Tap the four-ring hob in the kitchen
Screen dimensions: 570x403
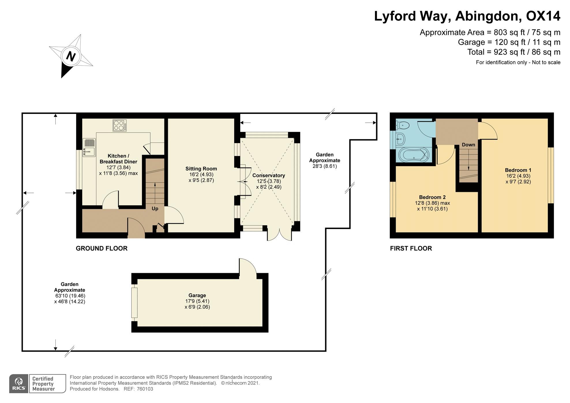(x=119, y=125)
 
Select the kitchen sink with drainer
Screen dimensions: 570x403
(x=89, y=147)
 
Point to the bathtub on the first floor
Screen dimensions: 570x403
(x=414, y=155)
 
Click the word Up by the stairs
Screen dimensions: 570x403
(x=155, y=209)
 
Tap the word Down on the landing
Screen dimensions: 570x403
(x=468, y=145)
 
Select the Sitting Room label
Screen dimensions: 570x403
(x=201, y=169)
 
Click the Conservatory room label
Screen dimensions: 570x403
(x=269, y=175)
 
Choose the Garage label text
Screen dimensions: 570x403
(x=197, y=295)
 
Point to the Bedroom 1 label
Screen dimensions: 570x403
(x=518, y=170)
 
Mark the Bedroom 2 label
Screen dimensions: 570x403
(x=432, y=197)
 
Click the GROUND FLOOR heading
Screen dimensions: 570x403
(x=102, y=248)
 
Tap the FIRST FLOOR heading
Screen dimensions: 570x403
(x=411, y=248)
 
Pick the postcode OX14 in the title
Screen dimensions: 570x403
(x=543, y=16)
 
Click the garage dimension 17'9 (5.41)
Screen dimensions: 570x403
(x=197, y=301)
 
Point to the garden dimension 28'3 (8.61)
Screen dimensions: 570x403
(x=325, y=166)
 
